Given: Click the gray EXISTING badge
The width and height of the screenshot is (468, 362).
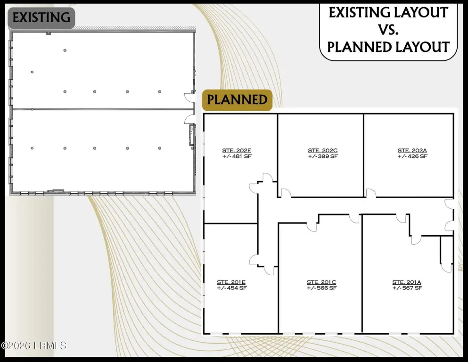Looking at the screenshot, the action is coord(41,18).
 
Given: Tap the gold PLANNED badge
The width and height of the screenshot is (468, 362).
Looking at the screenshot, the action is coord(237,99).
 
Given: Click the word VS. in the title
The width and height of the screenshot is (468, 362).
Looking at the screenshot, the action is coord(388,30).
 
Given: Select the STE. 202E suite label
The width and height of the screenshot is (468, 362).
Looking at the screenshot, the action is coord(237,150).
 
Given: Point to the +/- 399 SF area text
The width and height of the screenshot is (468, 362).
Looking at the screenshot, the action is coord(323,156).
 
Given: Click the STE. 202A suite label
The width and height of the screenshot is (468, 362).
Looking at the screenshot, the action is coord(412,150).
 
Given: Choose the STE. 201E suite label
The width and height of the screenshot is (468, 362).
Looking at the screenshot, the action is coord(231,282).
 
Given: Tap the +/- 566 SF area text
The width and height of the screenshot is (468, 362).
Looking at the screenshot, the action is coord(321,288).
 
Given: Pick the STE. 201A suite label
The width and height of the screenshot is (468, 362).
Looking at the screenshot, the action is coord(407,282).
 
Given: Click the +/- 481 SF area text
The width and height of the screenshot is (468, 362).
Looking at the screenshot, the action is coord(237,156).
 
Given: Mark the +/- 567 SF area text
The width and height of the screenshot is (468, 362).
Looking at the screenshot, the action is coord(407,288).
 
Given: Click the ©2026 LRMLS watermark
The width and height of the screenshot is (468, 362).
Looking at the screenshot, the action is coord(34,346).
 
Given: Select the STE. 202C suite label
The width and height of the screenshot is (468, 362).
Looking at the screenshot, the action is coord(323,150).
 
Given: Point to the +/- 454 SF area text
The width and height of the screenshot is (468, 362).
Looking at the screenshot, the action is coord(231,288).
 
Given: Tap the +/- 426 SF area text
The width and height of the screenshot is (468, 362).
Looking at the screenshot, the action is coord(412,156).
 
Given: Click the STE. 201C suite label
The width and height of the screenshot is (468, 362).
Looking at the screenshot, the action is coord(321,282).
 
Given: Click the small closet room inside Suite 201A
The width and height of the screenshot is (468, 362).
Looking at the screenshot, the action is coord(447,250).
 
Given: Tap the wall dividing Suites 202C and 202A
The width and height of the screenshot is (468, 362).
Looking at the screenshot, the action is coord(363,155).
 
